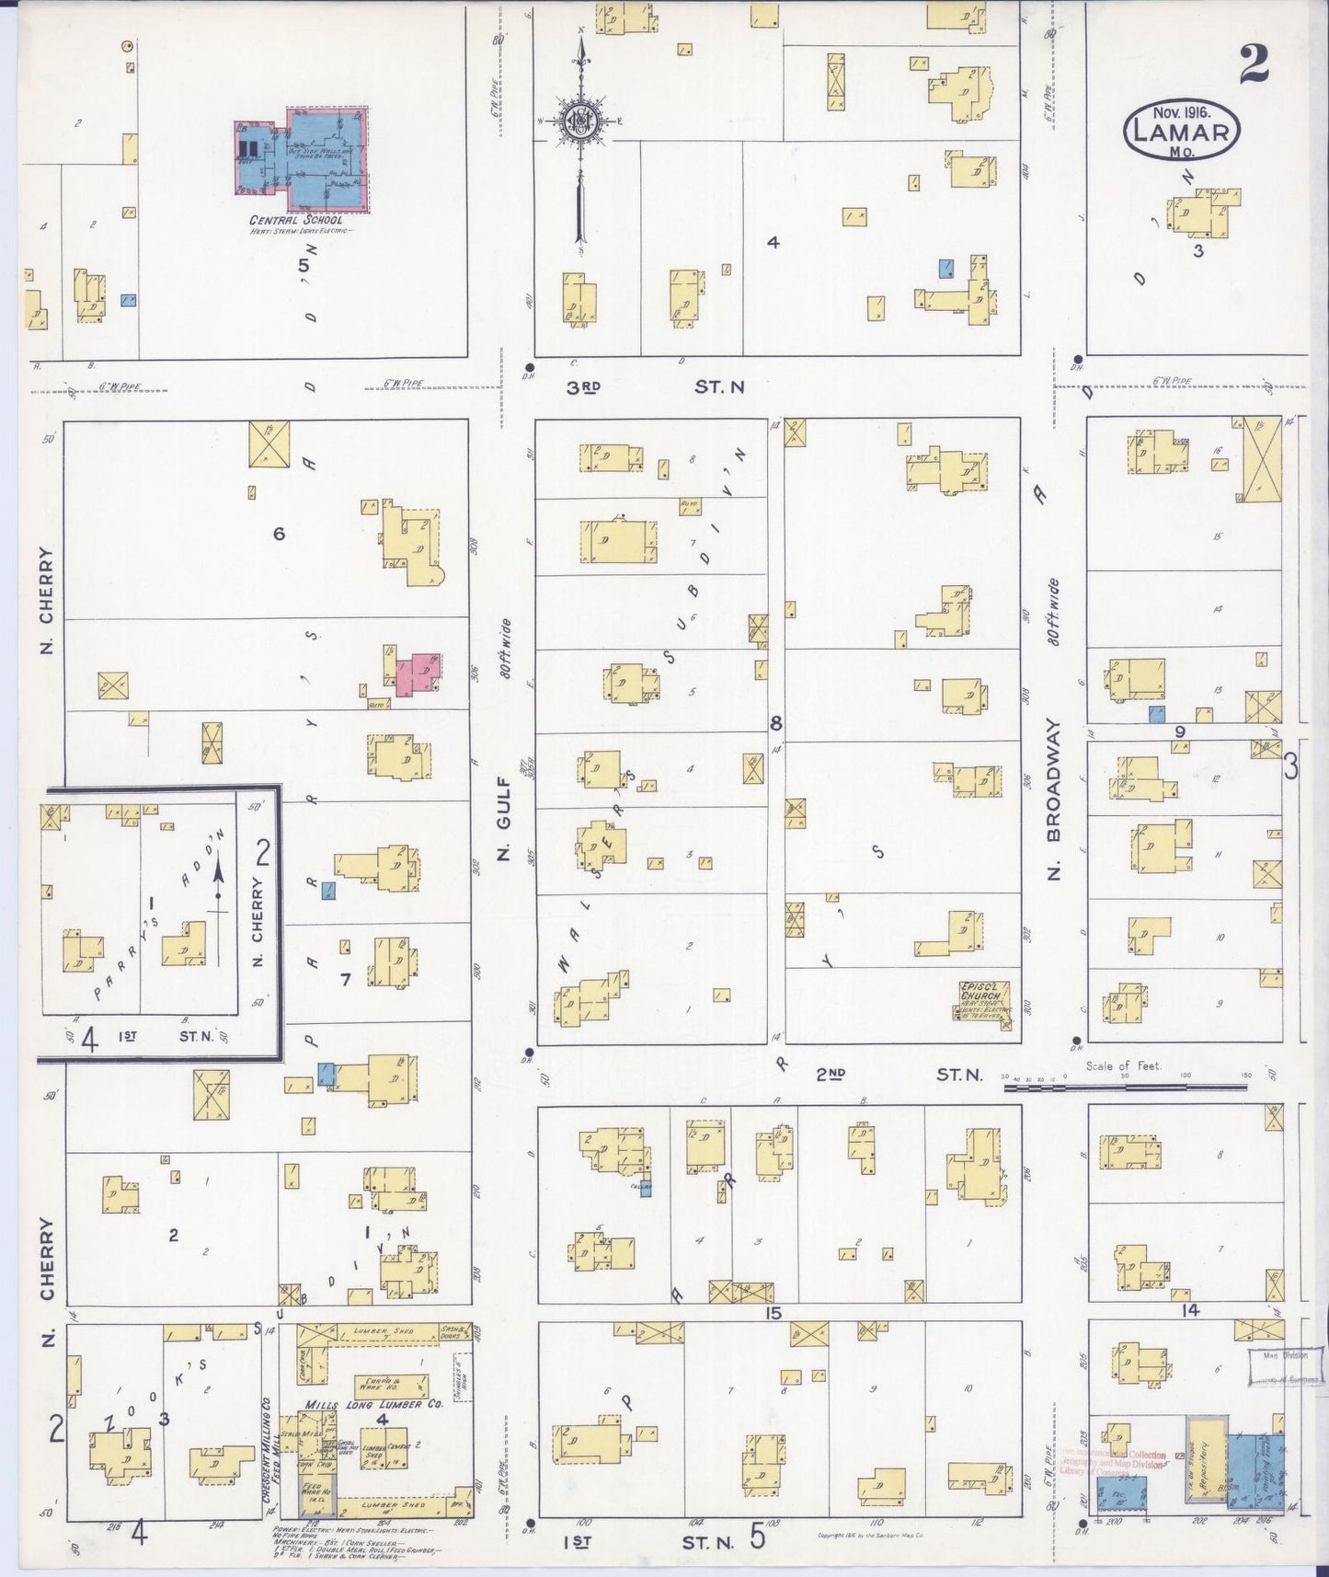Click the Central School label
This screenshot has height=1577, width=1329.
click(x=296, y=220)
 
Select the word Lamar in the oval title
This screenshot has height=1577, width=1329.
click(x=1182, y=132)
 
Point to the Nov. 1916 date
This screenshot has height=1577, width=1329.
click(x=1181, y=110)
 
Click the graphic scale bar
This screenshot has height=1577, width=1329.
click(x=1122, y=1087)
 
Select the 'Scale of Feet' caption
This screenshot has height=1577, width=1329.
click(x=1122, y=1066)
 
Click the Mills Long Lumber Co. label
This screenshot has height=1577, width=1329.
click(x=373, y=1404)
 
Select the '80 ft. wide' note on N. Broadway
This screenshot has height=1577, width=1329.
click(x=1053, y=612)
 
